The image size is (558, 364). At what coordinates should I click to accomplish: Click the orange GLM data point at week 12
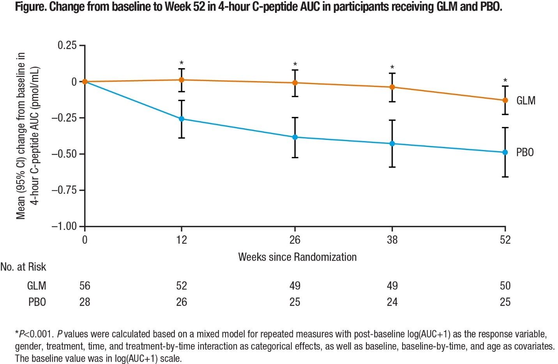pyautogui.click(x=182, y=80)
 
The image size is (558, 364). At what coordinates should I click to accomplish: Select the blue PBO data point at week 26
pyautogui.click(x=295, y=137)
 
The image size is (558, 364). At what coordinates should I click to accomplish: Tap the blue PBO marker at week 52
pyautogui.click(x=505, y=152)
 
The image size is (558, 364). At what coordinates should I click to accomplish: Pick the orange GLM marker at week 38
pyautogui.click(x=392, y=87)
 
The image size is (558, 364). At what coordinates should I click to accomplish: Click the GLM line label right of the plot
pyautogui.click(x=526, y=101)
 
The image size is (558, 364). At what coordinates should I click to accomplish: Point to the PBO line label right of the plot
pyautogui.click(x=525, y=152)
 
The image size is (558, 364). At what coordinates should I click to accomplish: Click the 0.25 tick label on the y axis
pyautogui.click(x=67, y=46)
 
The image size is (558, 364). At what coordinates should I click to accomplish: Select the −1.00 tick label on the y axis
pyautogui.click(x=64, y=226)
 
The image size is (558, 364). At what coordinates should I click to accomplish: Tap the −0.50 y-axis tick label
pyautogui.click(x=64, y=154)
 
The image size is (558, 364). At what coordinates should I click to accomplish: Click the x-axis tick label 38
pyautogui.click(x=392, y=240)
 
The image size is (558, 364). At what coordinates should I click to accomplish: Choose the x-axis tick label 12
pyautogui.click(x=182, y=240)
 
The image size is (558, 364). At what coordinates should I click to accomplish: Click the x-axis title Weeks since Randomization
pyautogui.click(x=297, y=257)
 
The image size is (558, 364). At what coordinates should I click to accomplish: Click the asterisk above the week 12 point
pyautogui.click(x=182, y=63)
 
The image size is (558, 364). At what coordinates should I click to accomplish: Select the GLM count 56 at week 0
pyautogui.click(x=85, y=286)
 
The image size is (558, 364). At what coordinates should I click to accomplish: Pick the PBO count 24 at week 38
pyautogui.click(x=392, y=302)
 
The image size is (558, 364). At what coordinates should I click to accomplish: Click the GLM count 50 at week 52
pyautogui.click(x=505, y=286)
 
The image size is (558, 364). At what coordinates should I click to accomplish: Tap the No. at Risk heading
pyautogui.click(x=23, y=267)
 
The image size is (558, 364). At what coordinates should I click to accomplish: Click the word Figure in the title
pyautogui.click(x=30, y=7)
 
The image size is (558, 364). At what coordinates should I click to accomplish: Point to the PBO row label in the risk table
pyautogui.click(x=37, y=302)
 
